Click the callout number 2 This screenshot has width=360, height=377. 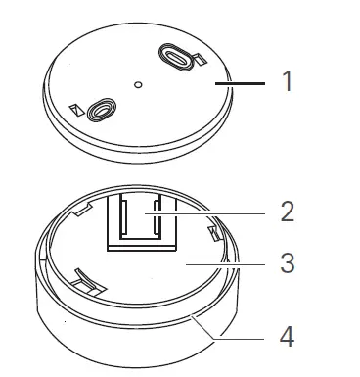pyautogui.click(x=287, y=212)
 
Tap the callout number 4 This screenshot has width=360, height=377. pyautogui.click(x=287, y=336)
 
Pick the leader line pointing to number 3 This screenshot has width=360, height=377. pyautogui.click(x=225, y=263)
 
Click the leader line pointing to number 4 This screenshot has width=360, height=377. pyautogui.click(x=235, y=334)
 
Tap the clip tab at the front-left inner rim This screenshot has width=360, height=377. pyautogui.click(x=86, y=284)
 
